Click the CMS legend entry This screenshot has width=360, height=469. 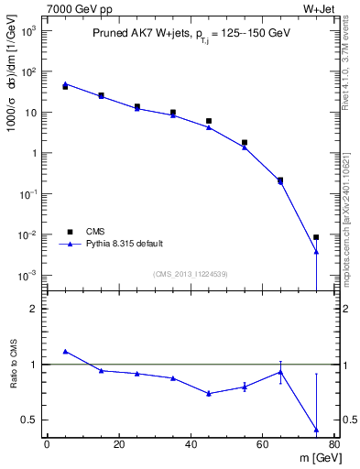point(94,232)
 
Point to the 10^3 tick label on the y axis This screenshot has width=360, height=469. point(28,31)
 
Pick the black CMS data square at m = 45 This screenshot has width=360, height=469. point(209,121)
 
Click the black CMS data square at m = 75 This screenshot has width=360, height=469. point(316,237)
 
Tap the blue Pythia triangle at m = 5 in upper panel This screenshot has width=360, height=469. point(65,83)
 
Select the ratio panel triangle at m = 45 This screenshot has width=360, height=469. point(209,393)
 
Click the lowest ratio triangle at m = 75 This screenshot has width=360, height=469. point(316,429)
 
